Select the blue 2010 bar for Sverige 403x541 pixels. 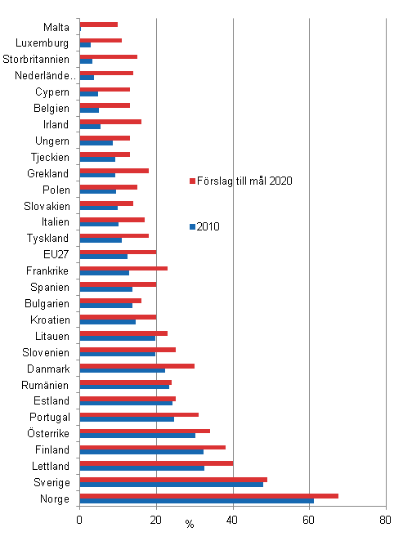[172, 484]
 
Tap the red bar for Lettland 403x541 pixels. [156, 463]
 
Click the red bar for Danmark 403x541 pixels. [137, 365]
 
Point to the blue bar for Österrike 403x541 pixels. [137, 435]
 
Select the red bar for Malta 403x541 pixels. [99, 25]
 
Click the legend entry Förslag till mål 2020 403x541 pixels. [244, 181]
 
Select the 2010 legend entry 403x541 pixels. [210, 226]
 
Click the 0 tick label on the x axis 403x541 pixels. [79, 519]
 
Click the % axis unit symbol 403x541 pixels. [189, 524]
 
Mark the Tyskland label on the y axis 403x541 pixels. [47, 238]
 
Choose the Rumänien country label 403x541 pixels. [45, 384]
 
